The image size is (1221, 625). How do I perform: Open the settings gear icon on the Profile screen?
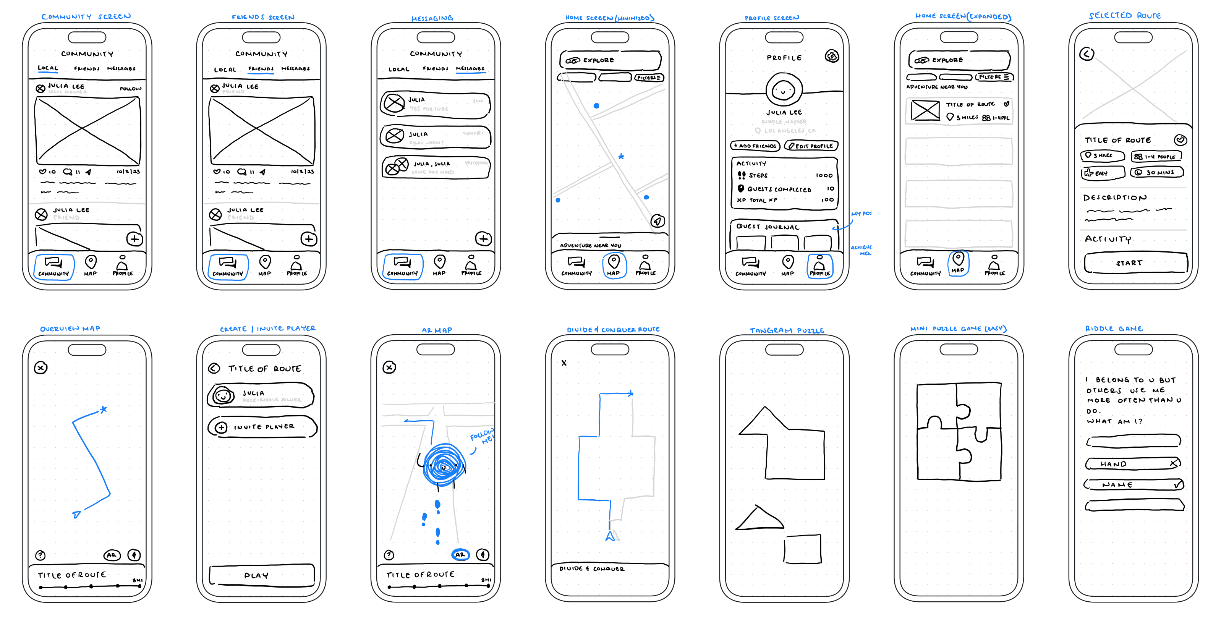832,57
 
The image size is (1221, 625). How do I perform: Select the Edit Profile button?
811,146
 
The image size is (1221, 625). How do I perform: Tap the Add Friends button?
755,146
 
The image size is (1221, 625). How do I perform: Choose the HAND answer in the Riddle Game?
1132,464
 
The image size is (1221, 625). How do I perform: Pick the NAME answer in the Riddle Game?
1133,485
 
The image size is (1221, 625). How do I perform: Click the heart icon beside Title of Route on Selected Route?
1180,140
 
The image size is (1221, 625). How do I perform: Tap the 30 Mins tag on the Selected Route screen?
1156,172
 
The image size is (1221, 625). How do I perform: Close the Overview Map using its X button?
41,368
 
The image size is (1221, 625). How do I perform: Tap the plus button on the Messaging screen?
483,239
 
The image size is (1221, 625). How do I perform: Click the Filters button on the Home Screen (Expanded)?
994,77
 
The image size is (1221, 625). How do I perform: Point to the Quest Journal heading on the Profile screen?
768,227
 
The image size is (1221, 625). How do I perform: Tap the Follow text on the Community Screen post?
130,89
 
